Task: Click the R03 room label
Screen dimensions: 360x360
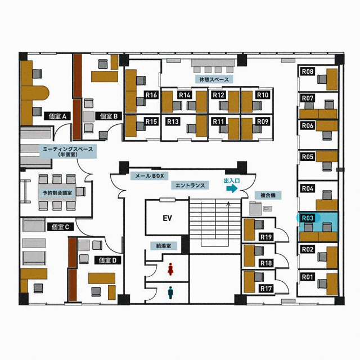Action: pos(308,218)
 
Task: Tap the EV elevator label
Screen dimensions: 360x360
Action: pos(168,218)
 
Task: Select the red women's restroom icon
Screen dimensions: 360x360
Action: pos(170,269)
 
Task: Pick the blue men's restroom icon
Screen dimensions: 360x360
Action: pos(170,292)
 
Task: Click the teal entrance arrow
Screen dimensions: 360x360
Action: pos(232,188)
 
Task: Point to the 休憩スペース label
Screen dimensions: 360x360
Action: pos(214,79)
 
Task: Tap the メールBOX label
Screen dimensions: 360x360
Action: pos(150,176)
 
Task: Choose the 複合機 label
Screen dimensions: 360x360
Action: pos(268,195)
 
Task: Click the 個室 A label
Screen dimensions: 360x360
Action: pos(57,116)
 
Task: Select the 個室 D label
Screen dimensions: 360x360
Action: pos(107,260)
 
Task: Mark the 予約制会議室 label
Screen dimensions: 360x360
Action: pos(57,193)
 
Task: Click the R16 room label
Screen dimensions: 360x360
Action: pos(151,95)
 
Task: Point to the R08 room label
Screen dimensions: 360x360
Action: pos(308,71)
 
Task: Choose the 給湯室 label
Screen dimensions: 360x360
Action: pos(164,246)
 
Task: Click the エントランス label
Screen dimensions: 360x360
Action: pos(190,185)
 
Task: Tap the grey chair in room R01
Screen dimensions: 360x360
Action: pos(322,283)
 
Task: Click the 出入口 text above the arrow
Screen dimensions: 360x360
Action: pos(232,181)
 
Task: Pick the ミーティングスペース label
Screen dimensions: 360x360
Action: pos(68,151)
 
